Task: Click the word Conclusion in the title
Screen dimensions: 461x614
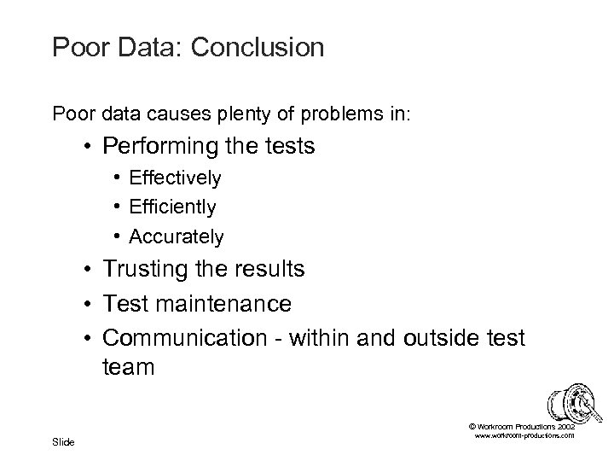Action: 258,47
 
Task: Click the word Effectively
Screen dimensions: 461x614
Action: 176,178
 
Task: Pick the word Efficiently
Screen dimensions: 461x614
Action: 173,207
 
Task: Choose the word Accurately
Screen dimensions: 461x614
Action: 177,236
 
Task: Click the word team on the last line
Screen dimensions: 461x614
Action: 129,368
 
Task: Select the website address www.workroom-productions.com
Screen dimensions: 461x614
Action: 523,436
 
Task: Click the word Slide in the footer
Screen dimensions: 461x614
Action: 63,441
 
